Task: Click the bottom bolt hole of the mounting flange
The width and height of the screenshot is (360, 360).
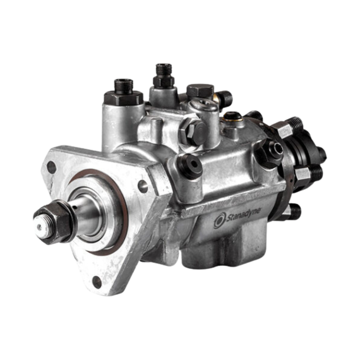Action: pos(97,282)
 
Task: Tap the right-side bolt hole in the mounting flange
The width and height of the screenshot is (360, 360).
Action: pos(143,183)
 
